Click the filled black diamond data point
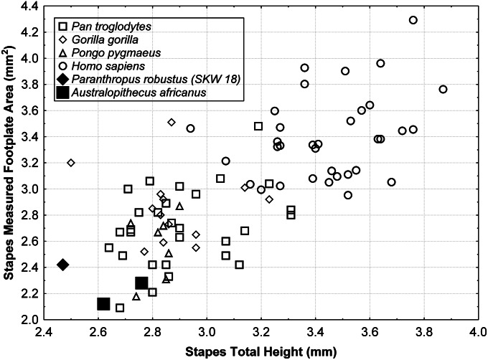63,265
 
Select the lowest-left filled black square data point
103,304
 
